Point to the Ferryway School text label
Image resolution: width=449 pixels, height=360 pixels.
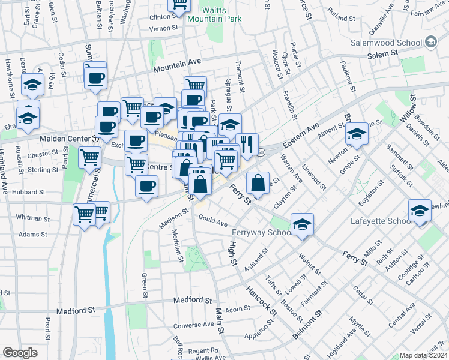[259, 232]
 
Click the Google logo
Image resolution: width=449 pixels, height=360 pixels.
[20, 352]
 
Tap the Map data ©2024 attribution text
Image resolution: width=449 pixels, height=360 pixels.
[423, 355]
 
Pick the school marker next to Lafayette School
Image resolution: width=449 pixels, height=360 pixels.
[420, 210]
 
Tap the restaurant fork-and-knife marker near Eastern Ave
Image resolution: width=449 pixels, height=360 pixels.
[247, 143]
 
